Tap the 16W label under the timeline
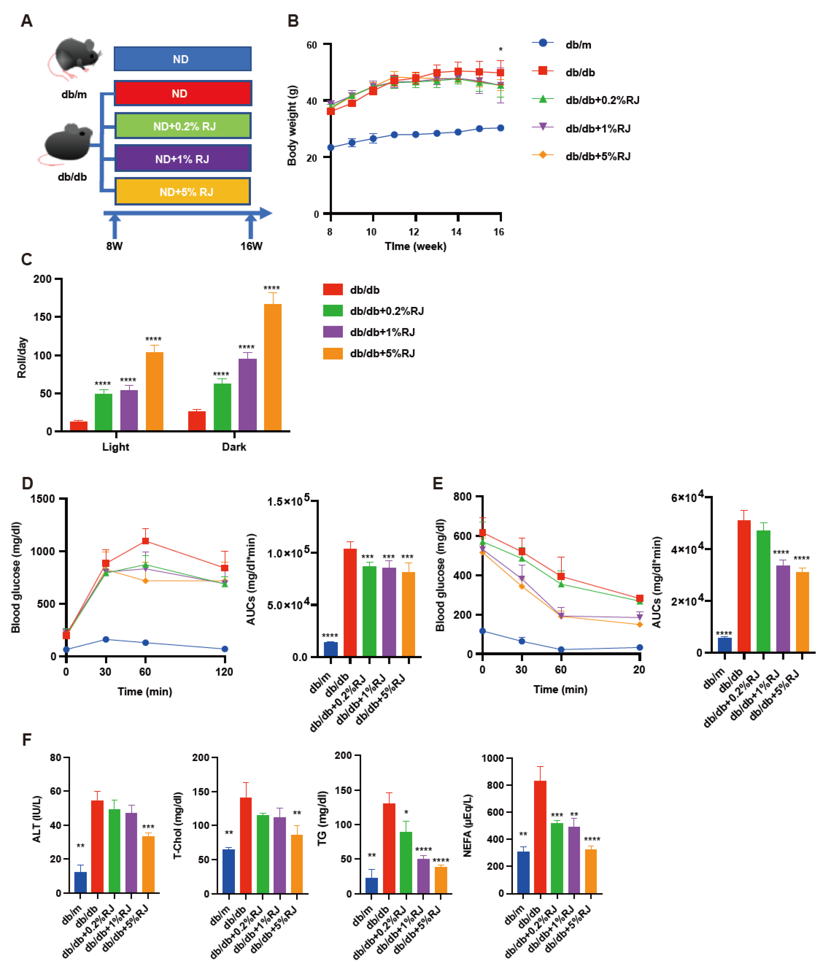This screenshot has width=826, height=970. [251, 246]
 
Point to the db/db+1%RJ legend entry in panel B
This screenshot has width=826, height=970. [597, 128]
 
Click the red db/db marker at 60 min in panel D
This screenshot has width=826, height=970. [146, 541]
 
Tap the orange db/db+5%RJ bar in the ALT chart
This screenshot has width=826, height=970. [148, 864]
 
